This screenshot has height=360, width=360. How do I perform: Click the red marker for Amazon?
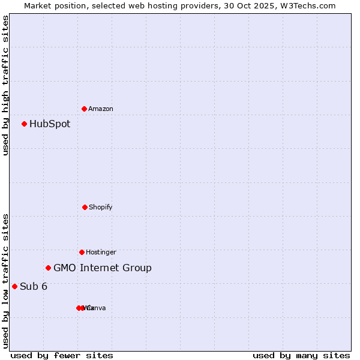(x=85, y=109)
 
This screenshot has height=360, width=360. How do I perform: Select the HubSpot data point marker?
(x=25, y=124)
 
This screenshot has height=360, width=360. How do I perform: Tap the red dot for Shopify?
(x=85, y=207)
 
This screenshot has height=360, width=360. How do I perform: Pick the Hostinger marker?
(x=82, y=252)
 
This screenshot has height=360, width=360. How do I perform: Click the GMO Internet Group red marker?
(x=49, y=268)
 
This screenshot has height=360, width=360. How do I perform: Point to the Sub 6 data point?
(x=15, y=286)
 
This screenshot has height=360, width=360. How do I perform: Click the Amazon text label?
(x=101, y=109)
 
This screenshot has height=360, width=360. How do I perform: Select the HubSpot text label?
(x=50, y=124)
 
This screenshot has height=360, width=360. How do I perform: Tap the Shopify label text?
(x=101, y=208)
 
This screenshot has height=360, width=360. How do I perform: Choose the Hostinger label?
(x=101, y=253)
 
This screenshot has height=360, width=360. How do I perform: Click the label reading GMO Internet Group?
(x=103, y=268)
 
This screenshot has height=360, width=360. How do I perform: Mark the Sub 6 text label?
(x=34, y=287)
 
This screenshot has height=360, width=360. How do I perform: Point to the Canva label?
(x=97, y=308)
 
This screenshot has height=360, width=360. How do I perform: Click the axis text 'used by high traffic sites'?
(x=6, y=85)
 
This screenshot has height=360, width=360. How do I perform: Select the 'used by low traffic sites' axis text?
(x=6, y=281)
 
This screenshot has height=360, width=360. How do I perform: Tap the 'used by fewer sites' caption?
(x=62, y=356)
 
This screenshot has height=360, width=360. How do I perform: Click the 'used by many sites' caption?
(x=301, y=356)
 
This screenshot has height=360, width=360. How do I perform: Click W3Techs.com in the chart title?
(x=310, y=5)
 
